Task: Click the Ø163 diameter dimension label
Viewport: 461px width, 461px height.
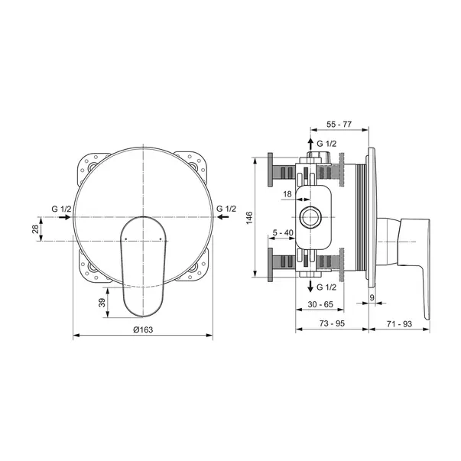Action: tap(143, 330)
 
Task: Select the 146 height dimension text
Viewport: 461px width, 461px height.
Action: tap(249, 218)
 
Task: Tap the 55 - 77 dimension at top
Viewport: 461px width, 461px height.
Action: tap(339, 125)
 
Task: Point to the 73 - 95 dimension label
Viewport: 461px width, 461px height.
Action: tap(332, 323)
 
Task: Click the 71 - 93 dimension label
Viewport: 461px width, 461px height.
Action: tap(399, 323)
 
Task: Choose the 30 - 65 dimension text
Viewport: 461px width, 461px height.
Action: tap(320, 304)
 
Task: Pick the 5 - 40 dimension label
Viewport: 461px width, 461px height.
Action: tap(283, 232)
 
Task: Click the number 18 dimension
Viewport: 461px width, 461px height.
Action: tap(287, 194)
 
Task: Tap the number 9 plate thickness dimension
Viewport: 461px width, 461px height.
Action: tap(372, 297)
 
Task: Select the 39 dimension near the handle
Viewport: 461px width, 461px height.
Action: tap(102, 303)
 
